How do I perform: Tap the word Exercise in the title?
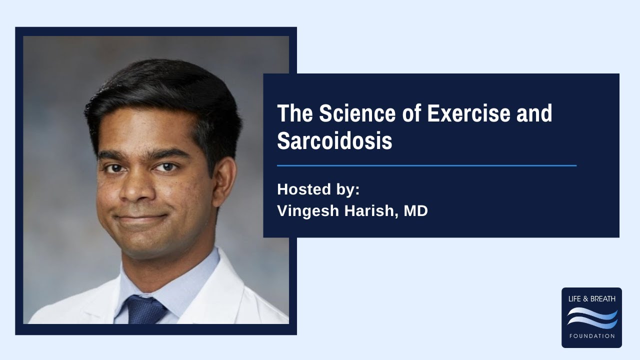(469, 114)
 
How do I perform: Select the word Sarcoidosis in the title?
(334, 141)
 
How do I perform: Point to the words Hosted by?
(318, 190)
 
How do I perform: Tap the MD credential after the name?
(415, 211)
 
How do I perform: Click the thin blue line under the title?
(426, 165)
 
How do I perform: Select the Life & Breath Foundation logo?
(591, 317)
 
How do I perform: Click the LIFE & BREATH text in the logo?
(591, 299)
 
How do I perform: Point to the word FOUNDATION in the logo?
(591, 336)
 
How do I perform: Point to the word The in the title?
(295, 114)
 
